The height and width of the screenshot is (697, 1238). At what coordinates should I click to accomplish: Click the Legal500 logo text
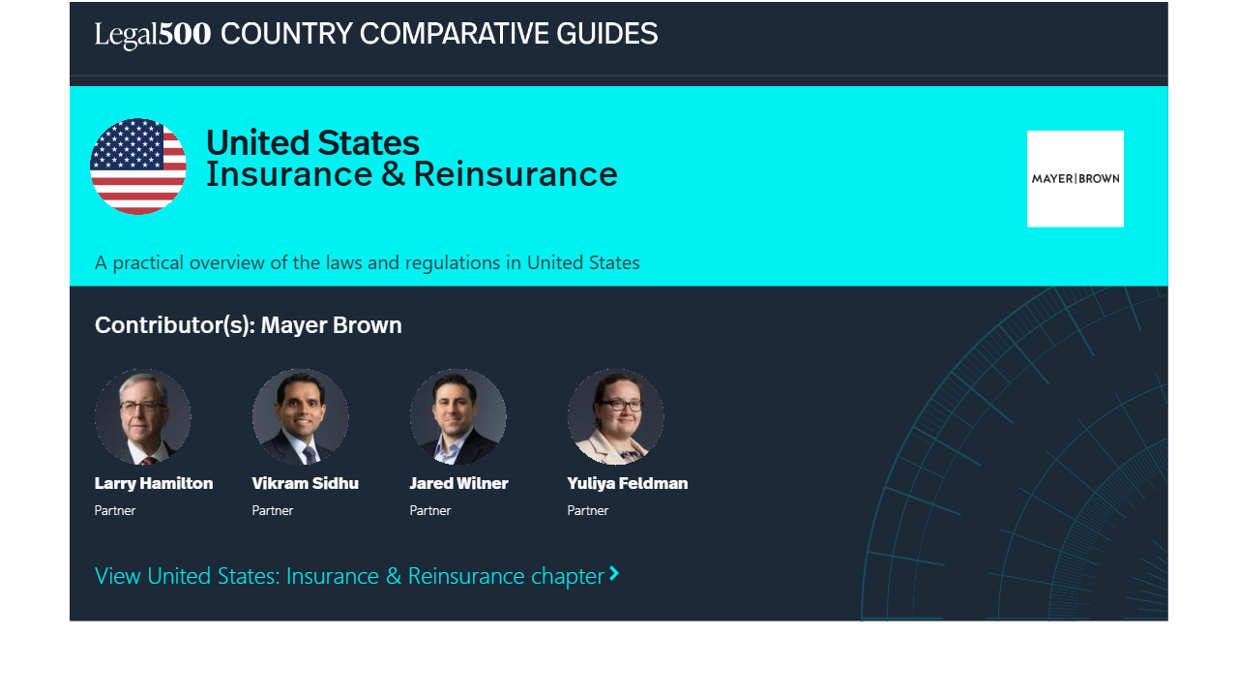coord(153,34)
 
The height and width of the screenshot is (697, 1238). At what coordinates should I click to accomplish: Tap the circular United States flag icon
coord(138,166)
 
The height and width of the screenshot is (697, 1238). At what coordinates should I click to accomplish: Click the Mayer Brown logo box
coord(1075,179)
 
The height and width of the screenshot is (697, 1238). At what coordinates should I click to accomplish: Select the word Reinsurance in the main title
coord(516,174)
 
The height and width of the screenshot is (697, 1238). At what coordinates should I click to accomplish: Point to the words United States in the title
coord(312,142)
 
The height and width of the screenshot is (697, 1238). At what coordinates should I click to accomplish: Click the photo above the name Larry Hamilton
coord(142,416)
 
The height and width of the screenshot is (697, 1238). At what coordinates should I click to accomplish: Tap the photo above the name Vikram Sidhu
coord(300,416)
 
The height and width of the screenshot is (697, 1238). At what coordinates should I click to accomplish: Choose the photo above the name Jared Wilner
coord(457,416)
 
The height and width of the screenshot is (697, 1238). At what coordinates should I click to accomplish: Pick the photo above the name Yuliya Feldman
coord(616,416)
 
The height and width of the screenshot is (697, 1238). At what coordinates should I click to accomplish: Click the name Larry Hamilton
coord(154,483)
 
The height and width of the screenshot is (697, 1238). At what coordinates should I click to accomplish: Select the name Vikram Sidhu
coord(305,483)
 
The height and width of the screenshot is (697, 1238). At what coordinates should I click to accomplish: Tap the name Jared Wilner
coord(458,483)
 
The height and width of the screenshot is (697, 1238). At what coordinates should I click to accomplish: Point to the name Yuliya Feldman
coord(628,483)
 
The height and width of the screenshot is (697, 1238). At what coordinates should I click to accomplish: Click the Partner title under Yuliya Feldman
coord(587,510)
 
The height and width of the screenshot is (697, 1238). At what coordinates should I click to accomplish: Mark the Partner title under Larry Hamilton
coord(115,510)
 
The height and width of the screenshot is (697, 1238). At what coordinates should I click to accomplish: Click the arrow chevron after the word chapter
coord(614,574)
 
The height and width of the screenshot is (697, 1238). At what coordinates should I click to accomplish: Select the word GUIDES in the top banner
coord(606,34)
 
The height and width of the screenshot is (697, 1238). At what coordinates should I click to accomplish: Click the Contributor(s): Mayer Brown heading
coord(249,325)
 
